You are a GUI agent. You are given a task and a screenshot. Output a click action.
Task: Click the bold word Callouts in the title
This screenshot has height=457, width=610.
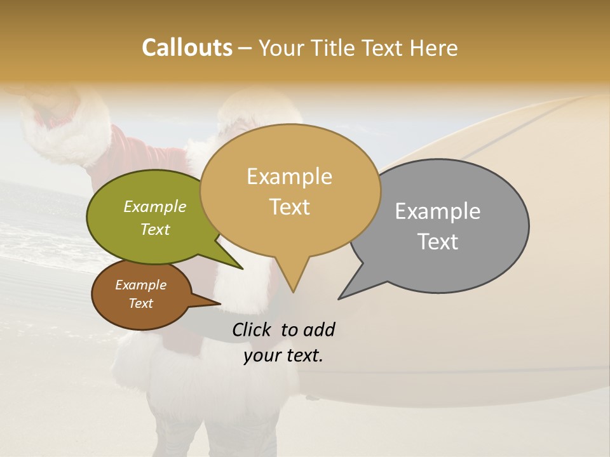187,48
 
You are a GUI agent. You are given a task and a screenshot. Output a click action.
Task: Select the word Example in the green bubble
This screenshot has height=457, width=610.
155,206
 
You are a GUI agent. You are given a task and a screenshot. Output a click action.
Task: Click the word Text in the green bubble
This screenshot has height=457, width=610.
155,229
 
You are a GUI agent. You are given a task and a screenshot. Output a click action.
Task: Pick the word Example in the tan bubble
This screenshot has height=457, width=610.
289,176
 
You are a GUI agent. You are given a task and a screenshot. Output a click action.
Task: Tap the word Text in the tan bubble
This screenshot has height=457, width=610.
290,206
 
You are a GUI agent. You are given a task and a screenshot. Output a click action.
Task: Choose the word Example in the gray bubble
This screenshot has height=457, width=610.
438,211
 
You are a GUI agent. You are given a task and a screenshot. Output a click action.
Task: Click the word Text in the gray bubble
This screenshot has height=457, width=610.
438,241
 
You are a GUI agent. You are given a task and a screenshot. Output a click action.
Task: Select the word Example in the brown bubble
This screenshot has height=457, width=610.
141,285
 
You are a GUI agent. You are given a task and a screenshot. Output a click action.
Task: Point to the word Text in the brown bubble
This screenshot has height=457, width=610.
141,303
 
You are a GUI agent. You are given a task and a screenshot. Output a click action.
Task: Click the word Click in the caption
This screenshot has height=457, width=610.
252,329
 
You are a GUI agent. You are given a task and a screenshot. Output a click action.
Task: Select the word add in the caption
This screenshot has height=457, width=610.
319,329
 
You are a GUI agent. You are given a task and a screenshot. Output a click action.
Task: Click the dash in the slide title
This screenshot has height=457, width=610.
246,48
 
